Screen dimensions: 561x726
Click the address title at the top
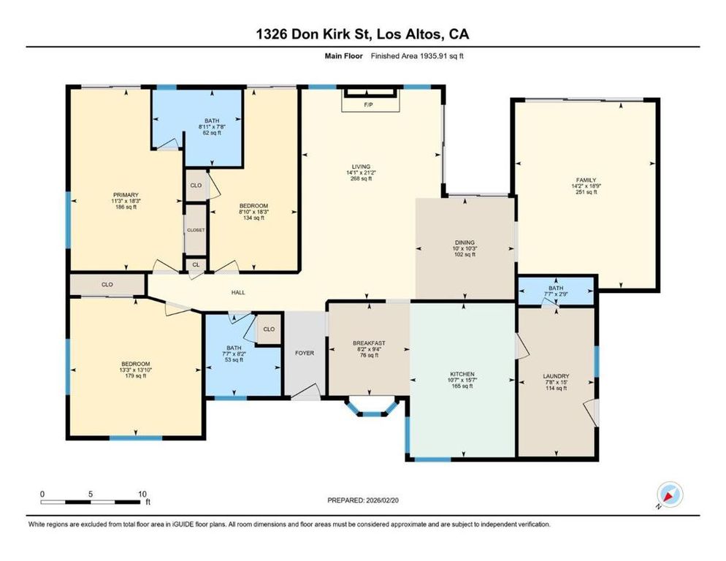coord(363,34)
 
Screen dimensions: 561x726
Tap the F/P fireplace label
coord(368,105)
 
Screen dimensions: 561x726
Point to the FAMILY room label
coord(586,180)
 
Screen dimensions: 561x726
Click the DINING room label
coord(465,243)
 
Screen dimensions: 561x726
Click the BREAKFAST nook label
coord(368,343)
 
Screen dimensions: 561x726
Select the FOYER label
coord(305,353)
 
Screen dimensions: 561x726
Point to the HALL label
coord(238,293)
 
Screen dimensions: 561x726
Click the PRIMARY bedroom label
coord(125,194)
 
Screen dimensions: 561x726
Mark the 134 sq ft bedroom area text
coord(253,218)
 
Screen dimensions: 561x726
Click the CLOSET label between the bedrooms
coord(195,230)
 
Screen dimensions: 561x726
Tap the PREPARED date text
coord(363,500)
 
